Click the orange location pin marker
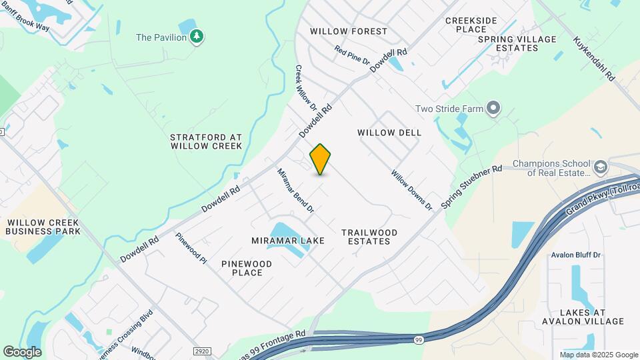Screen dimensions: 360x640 point(321,159)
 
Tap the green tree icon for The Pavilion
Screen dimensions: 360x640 point(197,37)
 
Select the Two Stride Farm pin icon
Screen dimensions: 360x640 point(493,108)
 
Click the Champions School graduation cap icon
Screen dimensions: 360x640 point(600,167)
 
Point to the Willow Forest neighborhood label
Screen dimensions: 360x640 point(349,31)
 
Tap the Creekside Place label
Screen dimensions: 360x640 point(471,25)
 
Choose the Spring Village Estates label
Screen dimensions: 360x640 point(517,43)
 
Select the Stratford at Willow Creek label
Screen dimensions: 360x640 point(206,141)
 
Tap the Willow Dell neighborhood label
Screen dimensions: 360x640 point(389,133)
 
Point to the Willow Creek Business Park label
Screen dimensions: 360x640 point(43,227)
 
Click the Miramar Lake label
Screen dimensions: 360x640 point(288,240)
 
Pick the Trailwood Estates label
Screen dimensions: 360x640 point(369,237)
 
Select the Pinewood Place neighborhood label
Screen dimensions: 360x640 point(247,268)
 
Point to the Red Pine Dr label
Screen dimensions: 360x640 point(352,55)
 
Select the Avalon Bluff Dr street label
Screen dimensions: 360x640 point(576,255)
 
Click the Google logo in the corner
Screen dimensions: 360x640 point(22,351)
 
